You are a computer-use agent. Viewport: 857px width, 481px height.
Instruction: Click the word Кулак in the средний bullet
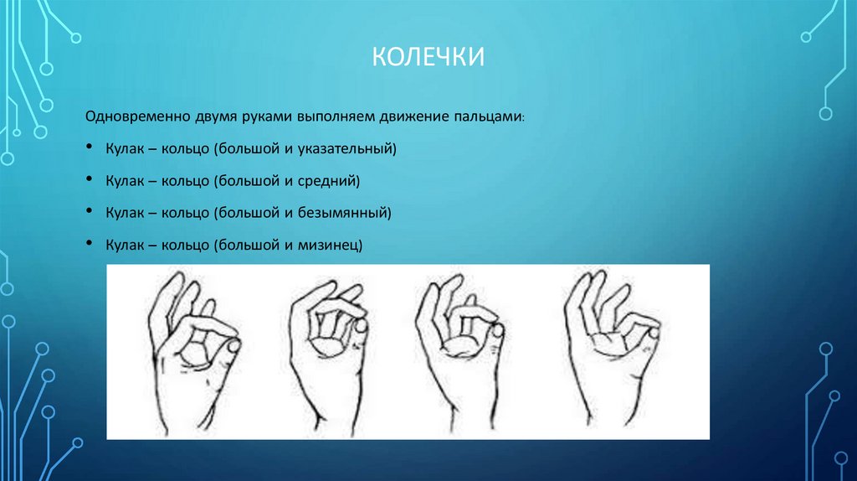124,180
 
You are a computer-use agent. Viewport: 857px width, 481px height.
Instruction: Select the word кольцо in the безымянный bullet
185,212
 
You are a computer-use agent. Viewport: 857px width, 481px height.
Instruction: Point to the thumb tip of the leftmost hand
233,345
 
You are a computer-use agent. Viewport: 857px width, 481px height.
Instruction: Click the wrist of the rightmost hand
599,411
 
